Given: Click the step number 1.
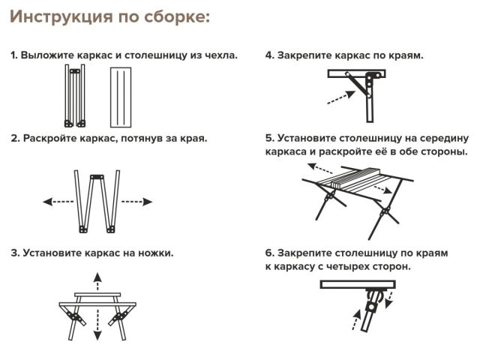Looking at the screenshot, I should click(x=13, y=55).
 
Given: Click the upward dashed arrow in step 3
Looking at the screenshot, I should click(x=96, y=282).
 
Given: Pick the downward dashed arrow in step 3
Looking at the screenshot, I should click(x=96, y=328).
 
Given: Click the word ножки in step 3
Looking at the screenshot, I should click(x=154, y=253).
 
